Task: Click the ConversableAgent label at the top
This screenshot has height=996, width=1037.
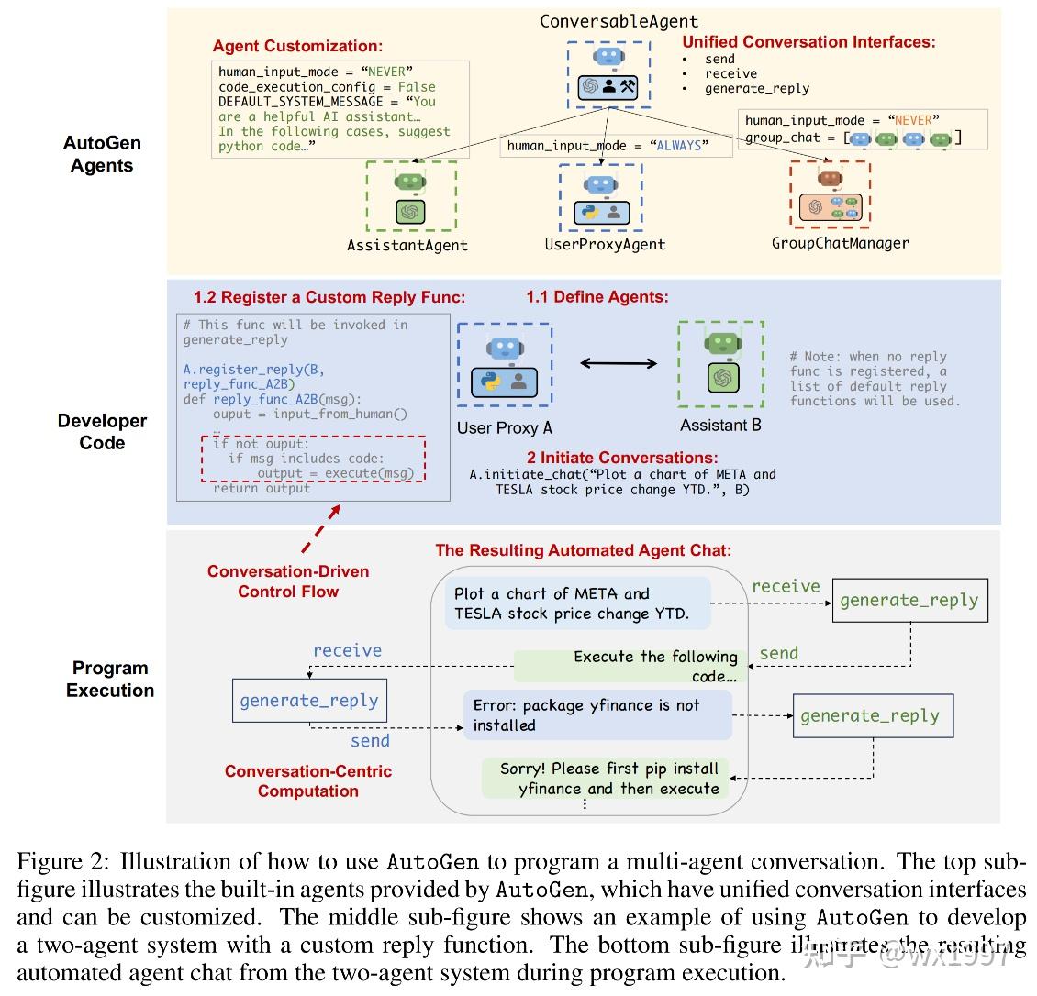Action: pos(619,20)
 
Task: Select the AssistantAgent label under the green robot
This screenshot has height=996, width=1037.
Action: pos(407,245)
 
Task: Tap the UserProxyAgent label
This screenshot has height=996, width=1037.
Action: pos(605,244)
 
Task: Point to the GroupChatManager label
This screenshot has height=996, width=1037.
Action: pos(840,243)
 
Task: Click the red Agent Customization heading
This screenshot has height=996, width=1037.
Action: pos(297,46)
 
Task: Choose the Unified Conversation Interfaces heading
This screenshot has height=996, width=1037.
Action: pos(808,42)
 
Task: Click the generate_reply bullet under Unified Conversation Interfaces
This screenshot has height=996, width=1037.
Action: pos(756,89)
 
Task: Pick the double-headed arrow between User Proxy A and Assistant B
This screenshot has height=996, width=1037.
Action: pos(619,363)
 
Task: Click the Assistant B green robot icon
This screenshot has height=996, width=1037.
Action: pos(721,363)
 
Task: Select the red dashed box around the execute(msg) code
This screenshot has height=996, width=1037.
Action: pos(313,459)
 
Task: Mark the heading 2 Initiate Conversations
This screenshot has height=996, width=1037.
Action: pos(621,458)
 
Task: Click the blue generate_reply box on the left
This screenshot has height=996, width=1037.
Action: pos(308,701)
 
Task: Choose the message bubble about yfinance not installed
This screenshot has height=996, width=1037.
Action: pos(597,715)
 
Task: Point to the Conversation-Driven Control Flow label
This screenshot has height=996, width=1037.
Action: pos(288,581)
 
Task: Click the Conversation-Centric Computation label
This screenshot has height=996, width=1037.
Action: pos(307,781)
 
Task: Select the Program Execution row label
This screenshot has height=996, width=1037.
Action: pos(109,679)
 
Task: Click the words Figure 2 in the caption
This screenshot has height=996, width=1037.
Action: pos(62,862)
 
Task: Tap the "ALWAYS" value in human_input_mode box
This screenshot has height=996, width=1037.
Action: pos(680,146)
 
